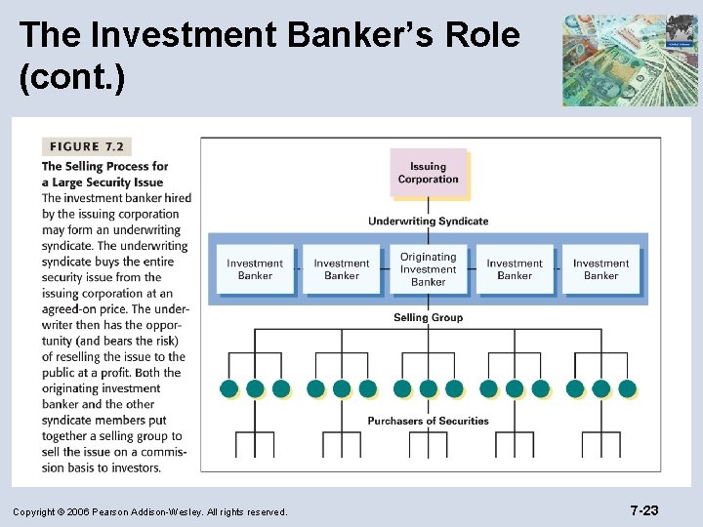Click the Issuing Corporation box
pyautogui.click(x=428, y=173)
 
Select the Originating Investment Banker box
pyautogui.click(x=428, y=269)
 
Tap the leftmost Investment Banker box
pyautogui.click(x=255, y=269)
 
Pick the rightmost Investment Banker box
pyautogui.click(x=600, y=269)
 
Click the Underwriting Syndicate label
pyautogui.click(x=428, y=222)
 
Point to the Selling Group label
pyautogui.click(x=428, y=317)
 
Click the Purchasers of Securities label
pyautogui.click(x=428, y=421)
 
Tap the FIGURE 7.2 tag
pyautogui.click(x=86, y=146)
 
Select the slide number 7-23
pyautogui.click(x=643, y=510)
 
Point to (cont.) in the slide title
pyautogui.click(x=71, y=79)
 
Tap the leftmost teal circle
pyautogui.click(x=229, y=388)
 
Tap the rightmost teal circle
pyautogui.click(x=627, y=388)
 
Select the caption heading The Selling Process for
pyautogui.click(x=104, y=167)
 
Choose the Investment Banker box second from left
pyautogui.click(x=342, y=269)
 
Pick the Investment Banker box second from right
pyautogui.click(x=515, y=269)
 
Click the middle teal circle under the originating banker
pyautogui.click(x=429, y=388)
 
